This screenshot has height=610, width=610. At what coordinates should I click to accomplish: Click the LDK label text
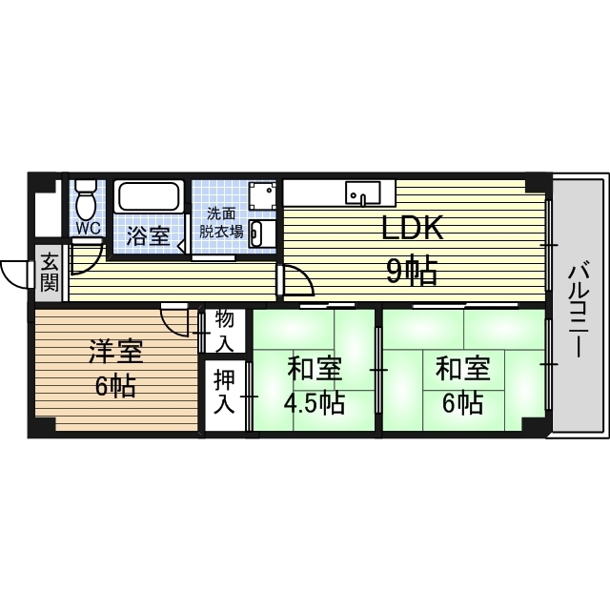[413, 230]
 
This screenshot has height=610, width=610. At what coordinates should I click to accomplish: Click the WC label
[88, 229]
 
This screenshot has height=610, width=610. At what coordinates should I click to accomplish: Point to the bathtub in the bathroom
[149, 197]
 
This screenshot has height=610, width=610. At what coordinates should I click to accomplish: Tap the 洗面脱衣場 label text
[220, 223]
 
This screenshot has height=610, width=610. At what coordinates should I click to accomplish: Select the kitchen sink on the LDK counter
[363, 193]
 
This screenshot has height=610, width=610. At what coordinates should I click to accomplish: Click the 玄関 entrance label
[49, 271]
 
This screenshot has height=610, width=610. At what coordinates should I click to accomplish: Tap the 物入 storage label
[225, 330]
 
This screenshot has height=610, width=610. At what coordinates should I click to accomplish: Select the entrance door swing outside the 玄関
[16, 274]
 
